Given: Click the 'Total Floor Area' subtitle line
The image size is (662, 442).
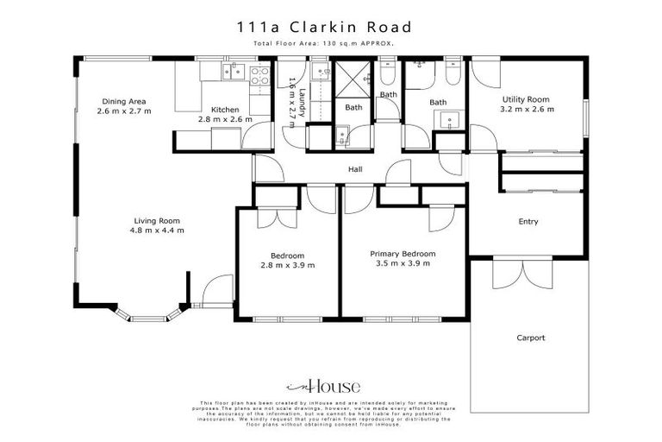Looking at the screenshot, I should tap(331, 43).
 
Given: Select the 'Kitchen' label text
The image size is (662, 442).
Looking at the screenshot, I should tap(225, 110).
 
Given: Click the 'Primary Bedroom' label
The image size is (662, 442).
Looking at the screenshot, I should tap(403, 254).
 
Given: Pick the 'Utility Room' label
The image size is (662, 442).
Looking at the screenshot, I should tap(527, 99).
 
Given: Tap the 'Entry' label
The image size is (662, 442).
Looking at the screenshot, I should tap(528, 222).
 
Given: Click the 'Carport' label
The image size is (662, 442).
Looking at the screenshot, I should tap(531, 338).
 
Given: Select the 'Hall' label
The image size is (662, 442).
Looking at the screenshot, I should tap(355, 170).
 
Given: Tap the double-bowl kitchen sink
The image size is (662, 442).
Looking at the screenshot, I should tap(231, 73).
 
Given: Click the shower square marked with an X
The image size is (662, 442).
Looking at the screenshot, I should tap(352, 78).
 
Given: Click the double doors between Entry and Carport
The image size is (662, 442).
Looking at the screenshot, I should tap(521, 274).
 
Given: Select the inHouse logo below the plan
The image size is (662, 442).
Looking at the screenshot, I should tap(323, 388).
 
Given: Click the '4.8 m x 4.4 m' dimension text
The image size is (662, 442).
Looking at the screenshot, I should tap(156, 230).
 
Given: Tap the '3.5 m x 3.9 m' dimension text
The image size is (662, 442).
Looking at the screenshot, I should tap(403, 265).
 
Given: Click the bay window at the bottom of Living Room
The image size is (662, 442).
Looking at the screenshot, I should tap(148, 316).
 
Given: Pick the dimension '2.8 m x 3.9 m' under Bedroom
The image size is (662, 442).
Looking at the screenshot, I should tap(288, 266).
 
